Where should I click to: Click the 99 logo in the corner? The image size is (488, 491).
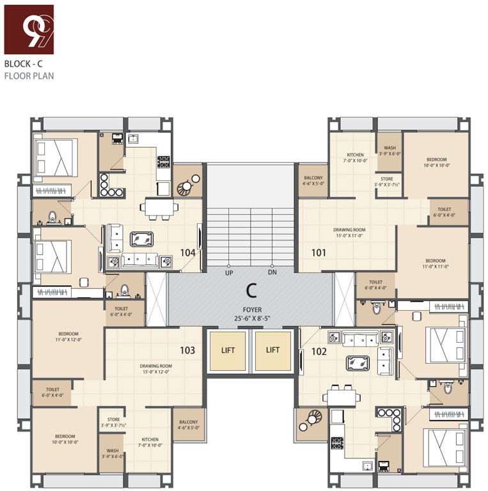(29, 29)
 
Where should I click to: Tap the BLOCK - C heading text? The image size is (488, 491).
(24, 64)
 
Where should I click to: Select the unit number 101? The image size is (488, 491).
(319, 253)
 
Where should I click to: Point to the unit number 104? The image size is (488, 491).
(187, 253)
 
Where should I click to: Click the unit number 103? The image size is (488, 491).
(187, 350)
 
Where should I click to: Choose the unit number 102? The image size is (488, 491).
(319, 351)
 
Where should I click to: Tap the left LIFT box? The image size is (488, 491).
(228, 350)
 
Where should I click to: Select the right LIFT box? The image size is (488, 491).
(273, 350)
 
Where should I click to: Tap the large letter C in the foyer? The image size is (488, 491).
(251, 291)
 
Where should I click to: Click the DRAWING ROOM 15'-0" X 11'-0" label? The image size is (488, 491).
(349, 232)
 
